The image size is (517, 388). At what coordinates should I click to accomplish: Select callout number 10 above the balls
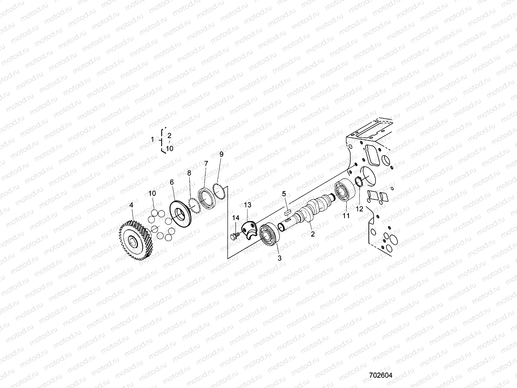tap(152, 193)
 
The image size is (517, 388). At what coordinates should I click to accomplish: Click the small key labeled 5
tap(286, 212)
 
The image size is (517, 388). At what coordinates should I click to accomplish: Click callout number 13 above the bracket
tap(247, 205)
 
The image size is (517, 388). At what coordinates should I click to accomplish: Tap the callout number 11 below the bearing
tap(346, 216)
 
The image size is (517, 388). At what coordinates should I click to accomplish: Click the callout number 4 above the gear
tap(131, 205)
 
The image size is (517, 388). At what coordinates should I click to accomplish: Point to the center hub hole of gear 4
tap(133, 240)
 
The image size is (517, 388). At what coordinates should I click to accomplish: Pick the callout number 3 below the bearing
tap(280, 258)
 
